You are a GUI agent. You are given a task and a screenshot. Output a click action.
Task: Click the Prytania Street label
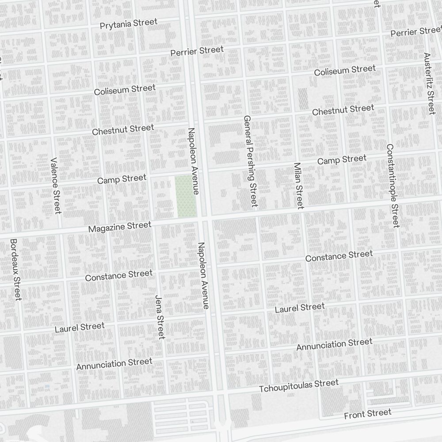[129, 23]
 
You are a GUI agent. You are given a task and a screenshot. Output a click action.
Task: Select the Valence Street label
[55, 185]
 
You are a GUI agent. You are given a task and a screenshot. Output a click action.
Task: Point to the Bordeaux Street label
[15, 269]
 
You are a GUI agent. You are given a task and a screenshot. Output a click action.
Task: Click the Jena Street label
[160, 316]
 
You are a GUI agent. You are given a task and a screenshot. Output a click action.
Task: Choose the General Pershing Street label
[250, 161]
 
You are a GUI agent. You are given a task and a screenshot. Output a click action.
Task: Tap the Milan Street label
[299, 186]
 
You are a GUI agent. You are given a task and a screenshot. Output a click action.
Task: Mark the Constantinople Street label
[392, 186]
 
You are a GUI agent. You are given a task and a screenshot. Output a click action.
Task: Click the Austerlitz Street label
[429, 84]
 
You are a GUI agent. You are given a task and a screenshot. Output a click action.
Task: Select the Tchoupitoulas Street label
[299, 385]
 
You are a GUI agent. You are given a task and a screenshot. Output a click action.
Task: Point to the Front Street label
[368, 414]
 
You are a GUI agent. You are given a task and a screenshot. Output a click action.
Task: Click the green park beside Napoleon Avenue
[186, 196]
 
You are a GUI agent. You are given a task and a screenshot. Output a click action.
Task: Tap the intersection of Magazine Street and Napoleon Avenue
[204, 219]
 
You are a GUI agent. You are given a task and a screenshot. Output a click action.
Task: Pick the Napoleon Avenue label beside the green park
[193, 161]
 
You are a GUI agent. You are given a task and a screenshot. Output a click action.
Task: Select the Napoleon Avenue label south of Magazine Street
[203, 275]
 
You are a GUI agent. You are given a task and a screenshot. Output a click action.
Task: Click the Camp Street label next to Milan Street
[342, 160]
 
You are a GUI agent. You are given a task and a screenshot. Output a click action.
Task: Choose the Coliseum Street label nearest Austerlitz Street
[345, 70]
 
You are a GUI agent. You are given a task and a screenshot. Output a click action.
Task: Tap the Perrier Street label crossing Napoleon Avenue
[197, 51]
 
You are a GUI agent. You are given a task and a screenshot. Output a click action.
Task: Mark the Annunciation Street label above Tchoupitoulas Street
[334, 344]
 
